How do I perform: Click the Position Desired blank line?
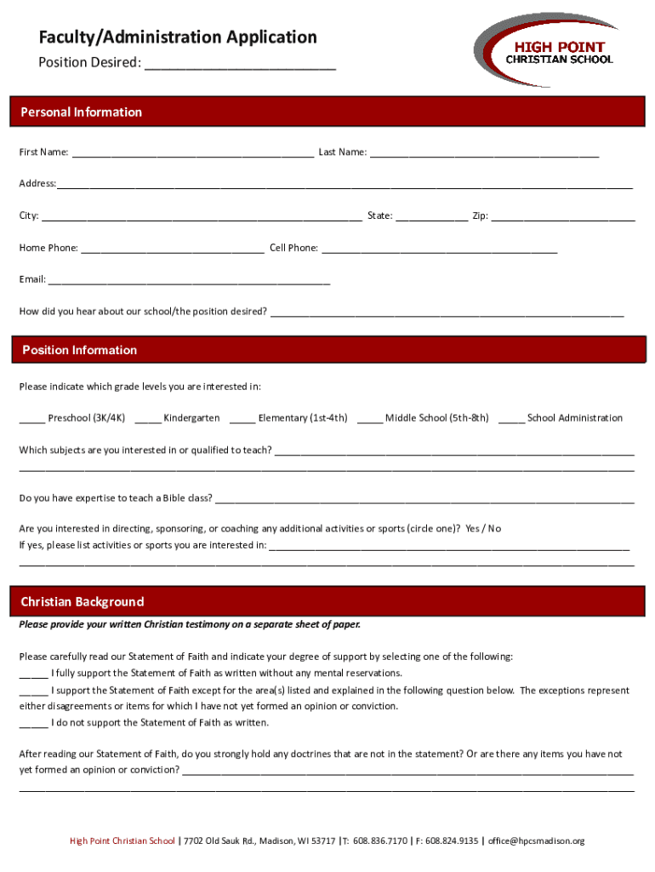(240, 65)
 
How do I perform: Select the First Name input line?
(193, 153)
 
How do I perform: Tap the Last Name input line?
(485, 153)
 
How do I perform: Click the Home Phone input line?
(173, 250)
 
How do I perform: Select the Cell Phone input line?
(439, 250)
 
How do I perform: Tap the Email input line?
(189, 281)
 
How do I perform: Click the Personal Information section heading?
(82, 112)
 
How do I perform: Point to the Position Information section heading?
(79, 350)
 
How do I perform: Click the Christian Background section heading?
(83, 602)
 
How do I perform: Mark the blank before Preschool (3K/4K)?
(32, 419)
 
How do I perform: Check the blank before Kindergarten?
(147, 419)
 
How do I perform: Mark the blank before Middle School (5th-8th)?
(370, 419)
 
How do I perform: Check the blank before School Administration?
(511, 419)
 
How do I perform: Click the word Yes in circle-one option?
(473, 529)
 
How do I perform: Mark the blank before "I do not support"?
(33, 724)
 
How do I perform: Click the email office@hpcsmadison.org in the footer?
(536, 841)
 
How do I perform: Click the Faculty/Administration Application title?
(177, 37)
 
